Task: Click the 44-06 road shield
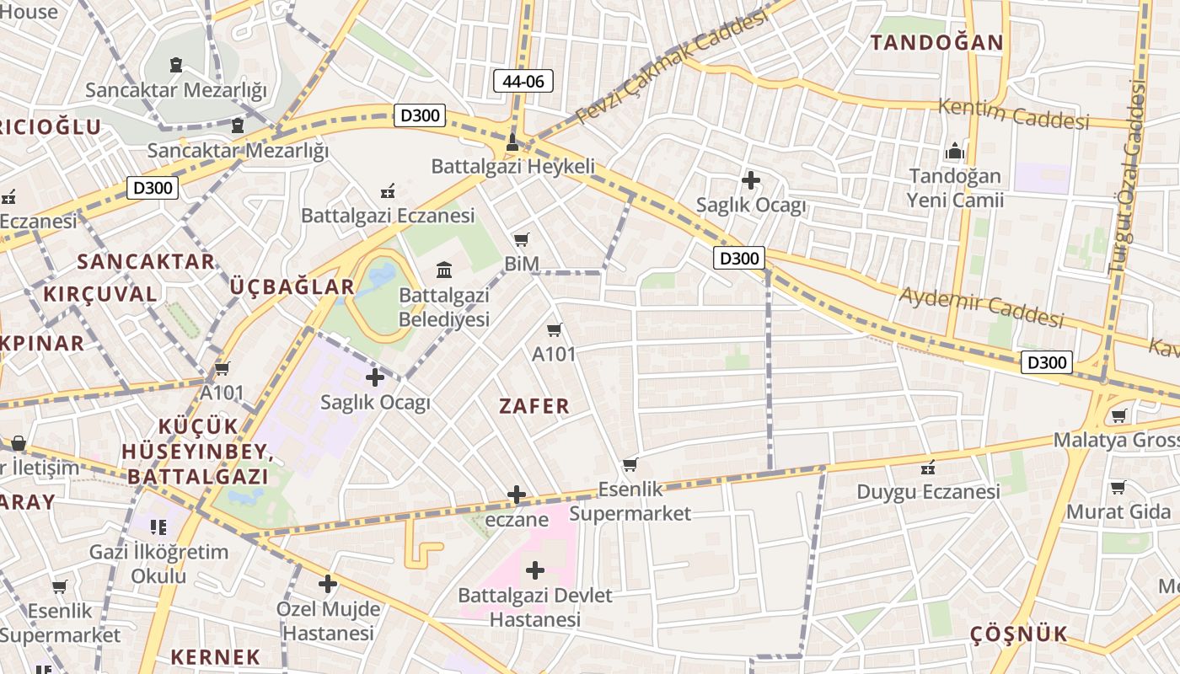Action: coord(523,81)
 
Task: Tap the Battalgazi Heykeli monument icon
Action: coord(511,142)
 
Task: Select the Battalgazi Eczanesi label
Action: coord(388,216)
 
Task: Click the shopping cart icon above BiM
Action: coord(522,240)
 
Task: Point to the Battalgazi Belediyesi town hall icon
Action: coord(443,270)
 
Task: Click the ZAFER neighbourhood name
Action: coord(534,406)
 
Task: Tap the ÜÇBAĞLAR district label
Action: coord(292,286)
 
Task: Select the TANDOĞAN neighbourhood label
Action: coord(936,42)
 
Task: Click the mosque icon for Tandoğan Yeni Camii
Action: coord(954,152)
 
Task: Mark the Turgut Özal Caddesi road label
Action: coord(1129,177)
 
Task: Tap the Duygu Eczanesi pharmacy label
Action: coord(928,491)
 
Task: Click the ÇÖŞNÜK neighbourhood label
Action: coord(1018,634)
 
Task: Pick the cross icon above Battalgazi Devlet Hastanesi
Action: coord(534,570)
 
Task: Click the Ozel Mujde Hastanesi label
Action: coord(328,620)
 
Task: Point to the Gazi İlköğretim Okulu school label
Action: coord(158,564)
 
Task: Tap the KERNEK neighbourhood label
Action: coord(216,656)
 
